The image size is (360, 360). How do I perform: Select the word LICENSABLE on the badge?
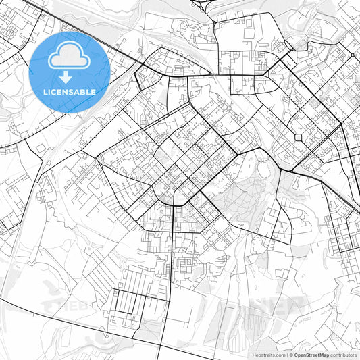pos(70,91)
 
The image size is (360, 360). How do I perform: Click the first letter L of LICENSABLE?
pos(45,91)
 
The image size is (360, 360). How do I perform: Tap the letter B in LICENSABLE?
pos(87,91)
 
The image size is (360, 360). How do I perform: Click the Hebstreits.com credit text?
pos(269,355)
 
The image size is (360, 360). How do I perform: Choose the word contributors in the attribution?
pos(344,355)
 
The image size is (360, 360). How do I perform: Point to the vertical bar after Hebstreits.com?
pos(288,355)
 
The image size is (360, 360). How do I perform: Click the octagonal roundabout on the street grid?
pos(298,138)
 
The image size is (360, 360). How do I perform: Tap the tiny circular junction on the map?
pos(352,55)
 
